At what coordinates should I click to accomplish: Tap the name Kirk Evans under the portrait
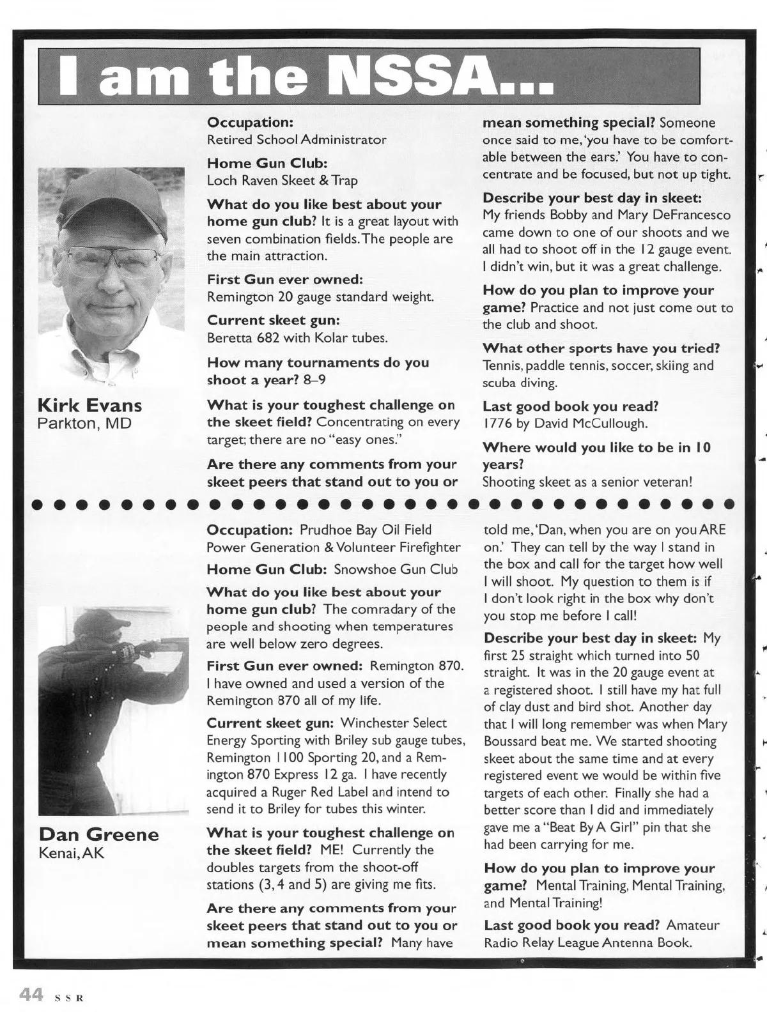90,405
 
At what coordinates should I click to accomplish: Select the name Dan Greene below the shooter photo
98,834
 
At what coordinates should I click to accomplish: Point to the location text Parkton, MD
84,423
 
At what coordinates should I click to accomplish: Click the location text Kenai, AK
71,852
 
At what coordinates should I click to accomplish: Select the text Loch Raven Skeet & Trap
282,181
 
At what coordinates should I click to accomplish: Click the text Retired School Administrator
297,139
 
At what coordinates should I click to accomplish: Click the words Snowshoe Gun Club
396,569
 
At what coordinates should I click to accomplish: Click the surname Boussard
513,742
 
